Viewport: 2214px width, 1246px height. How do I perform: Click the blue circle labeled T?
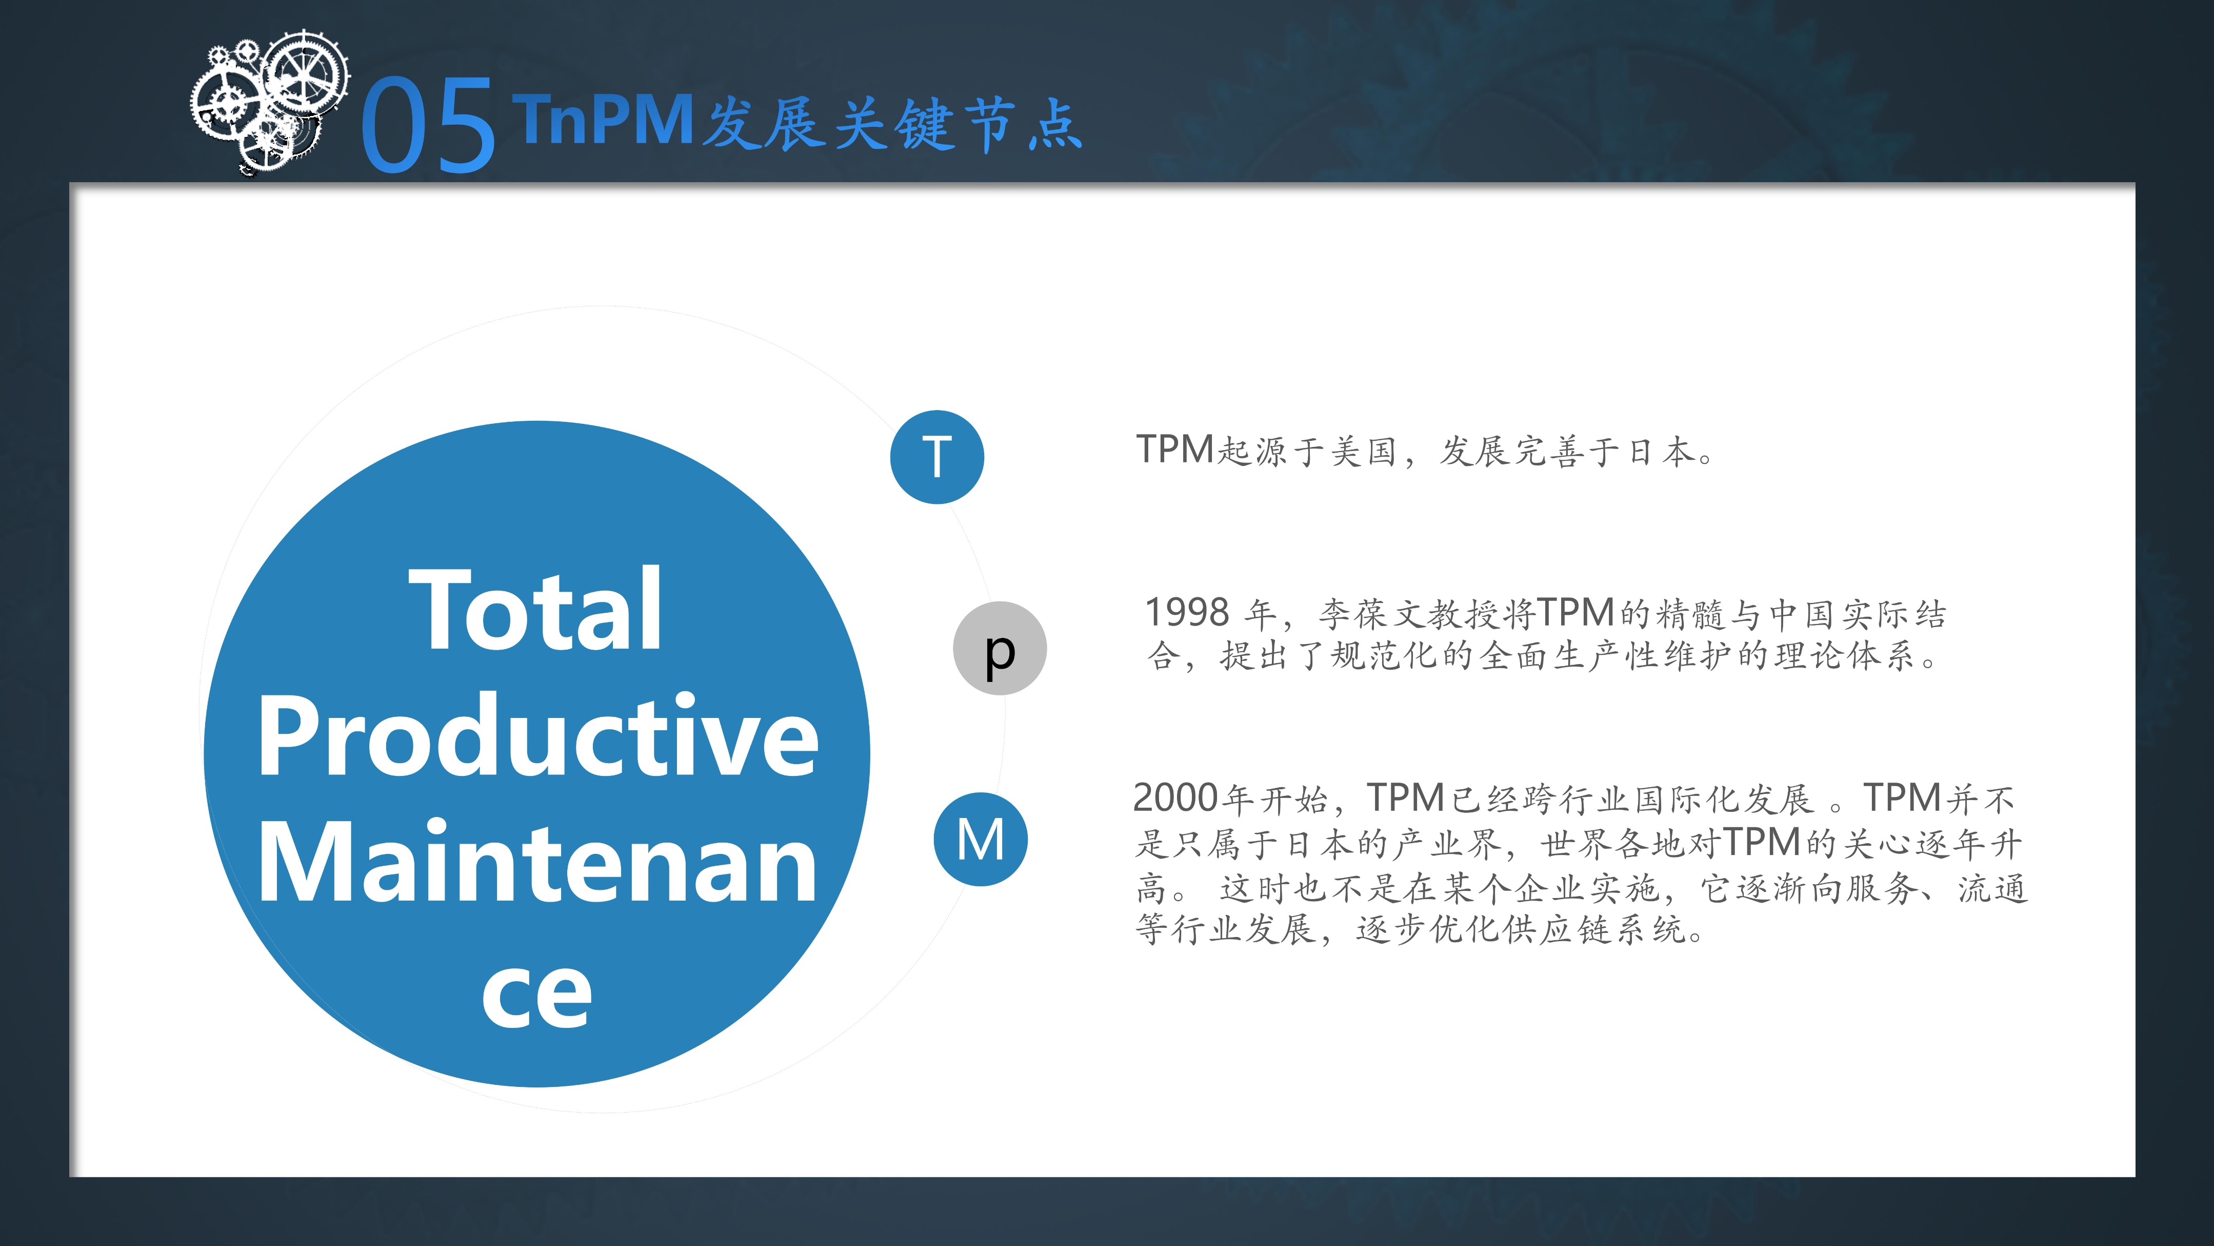pyautogui.click(x=937, y=457)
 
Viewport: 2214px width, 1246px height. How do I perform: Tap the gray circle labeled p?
pyautogui.click(x=1000, y=648)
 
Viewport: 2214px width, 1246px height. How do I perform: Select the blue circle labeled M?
pyautogui.click(x=981, y=839)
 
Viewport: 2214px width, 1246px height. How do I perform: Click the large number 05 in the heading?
pyautogui.click(x=427, y=125)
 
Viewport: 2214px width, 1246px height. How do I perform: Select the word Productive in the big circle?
pyautogui.click(x=538, y=736)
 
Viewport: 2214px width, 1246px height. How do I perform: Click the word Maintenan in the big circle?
pyautogui.click(x=538, y=863)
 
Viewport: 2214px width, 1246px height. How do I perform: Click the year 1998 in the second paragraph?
pyautogui.click(x=1187, y=613)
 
